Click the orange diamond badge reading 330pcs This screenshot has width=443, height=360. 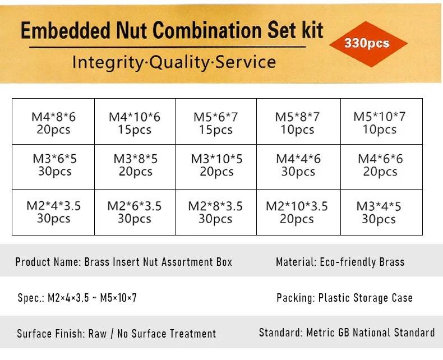coord(368,44)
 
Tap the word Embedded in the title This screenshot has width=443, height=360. coord(66,30)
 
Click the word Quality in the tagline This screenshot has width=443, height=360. coord(179,62)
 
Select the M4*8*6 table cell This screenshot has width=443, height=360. coord(53,122)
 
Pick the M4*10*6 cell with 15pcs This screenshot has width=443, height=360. coord(135,122)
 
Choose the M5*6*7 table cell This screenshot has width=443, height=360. coord(216,122)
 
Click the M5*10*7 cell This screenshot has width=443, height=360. coord(381,122)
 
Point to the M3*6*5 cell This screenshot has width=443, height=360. coord(53,167)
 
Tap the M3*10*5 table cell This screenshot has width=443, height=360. coord(216,167)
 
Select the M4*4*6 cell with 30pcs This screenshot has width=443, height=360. coord(299,167)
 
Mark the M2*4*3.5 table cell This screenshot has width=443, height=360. coord(53,212)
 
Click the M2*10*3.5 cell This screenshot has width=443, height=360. coord(299,212)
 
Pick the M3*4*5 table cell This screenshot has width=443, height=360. coord(381,212)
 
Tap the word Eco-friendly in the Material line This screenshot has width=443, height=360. coord(348,262)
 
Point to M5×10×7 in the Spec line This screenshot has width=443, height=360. coord(118,298)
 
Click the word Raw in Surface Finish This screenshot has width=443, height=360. coord(98,334)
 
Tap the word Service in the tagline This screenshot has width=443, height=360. coord(246,62)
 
